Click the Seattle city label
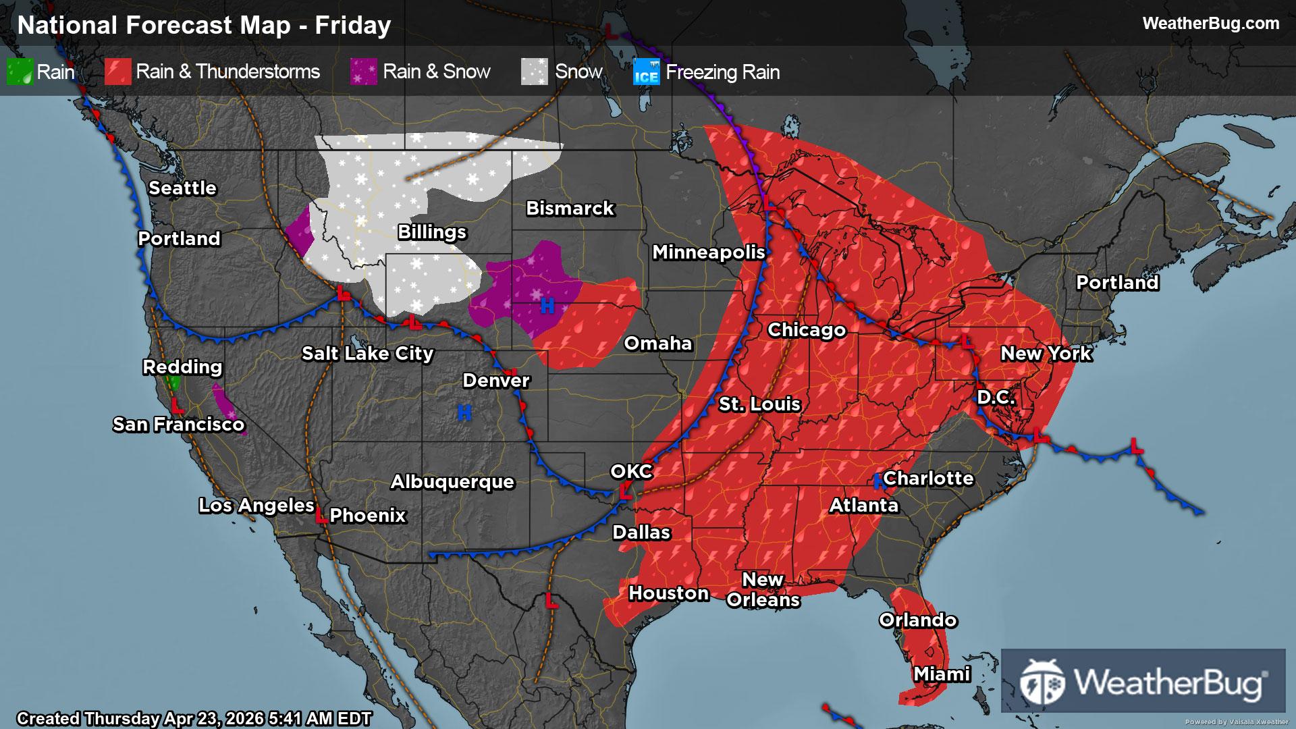coord(182,188)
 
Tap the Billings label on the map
coord(432,232)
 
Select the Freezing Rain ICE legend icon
coord(646,72)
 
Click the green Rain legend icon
coord(20,72)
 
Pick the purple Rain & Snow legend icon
coord(363,72)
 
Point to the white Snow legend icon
coord(535,72)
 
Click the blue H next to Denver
coord(464,412)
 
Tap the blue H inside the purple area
coord(547,306)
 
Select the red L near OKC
coord(626,491)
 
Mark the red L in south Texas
coord(551,601)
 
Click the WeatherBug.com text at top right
coord(1210,24)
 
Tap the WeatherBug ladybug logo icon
coord(1042,681)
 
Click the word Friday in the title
coord(353,26)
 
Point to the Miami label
coord(942,674)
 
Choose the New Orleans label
coord(763,589)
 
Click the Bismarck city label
coord(570,209)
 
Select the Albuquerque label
coord(452,482)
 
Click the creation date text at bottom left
coord(194,718)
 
